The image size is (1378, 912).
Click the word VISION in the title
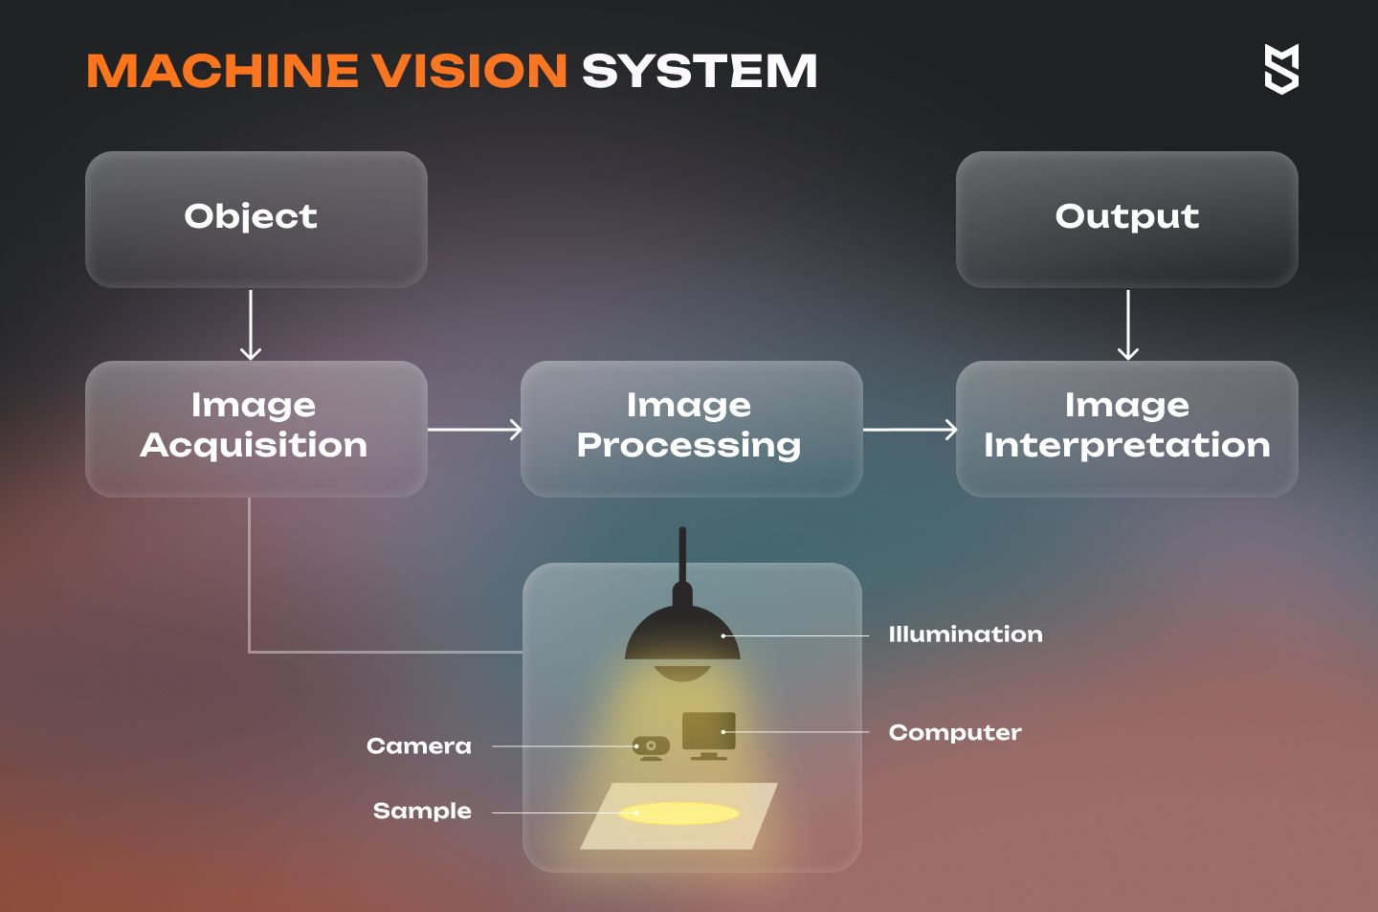click(471, 71)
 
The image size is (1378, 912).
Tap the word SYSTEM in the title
click(700, 71)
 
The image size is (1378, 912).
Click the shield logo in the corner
click(1281, 69)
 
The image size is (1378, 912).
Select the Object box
click(256, 219)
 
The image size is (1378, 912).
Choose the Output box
click(1127, 219)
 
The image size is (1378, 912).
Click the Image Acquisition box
click(256, 429)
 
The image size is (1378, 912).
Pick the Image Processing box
click(692, 429)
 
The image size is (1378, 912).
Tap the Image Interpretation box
click(1127, 429)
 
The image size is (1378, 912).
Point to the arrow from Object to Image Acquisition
click(251, 325)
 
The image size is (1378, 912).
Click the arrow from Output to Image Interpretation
click(1127, 325)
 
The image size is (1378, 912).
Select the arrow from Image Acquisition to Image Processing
click(475, 430)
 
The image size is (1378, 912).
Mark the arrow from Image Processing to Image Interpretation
click(910, 430)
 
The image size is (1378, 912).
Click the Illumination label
click(966, 634)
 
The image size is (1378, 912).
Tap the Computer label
click(955, 733)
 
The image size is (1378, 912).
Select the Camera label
click(419, 745)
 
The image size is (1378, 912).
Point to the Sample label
click(422, 812)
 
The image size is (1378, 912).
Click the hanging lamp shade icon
click(682, 634)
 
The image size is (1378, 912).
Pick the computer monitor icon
click(709, 735)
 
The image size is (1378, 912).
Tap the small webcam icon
click(651, 748)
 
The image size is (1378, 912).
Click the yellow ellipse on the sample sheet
click(678, 812)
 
